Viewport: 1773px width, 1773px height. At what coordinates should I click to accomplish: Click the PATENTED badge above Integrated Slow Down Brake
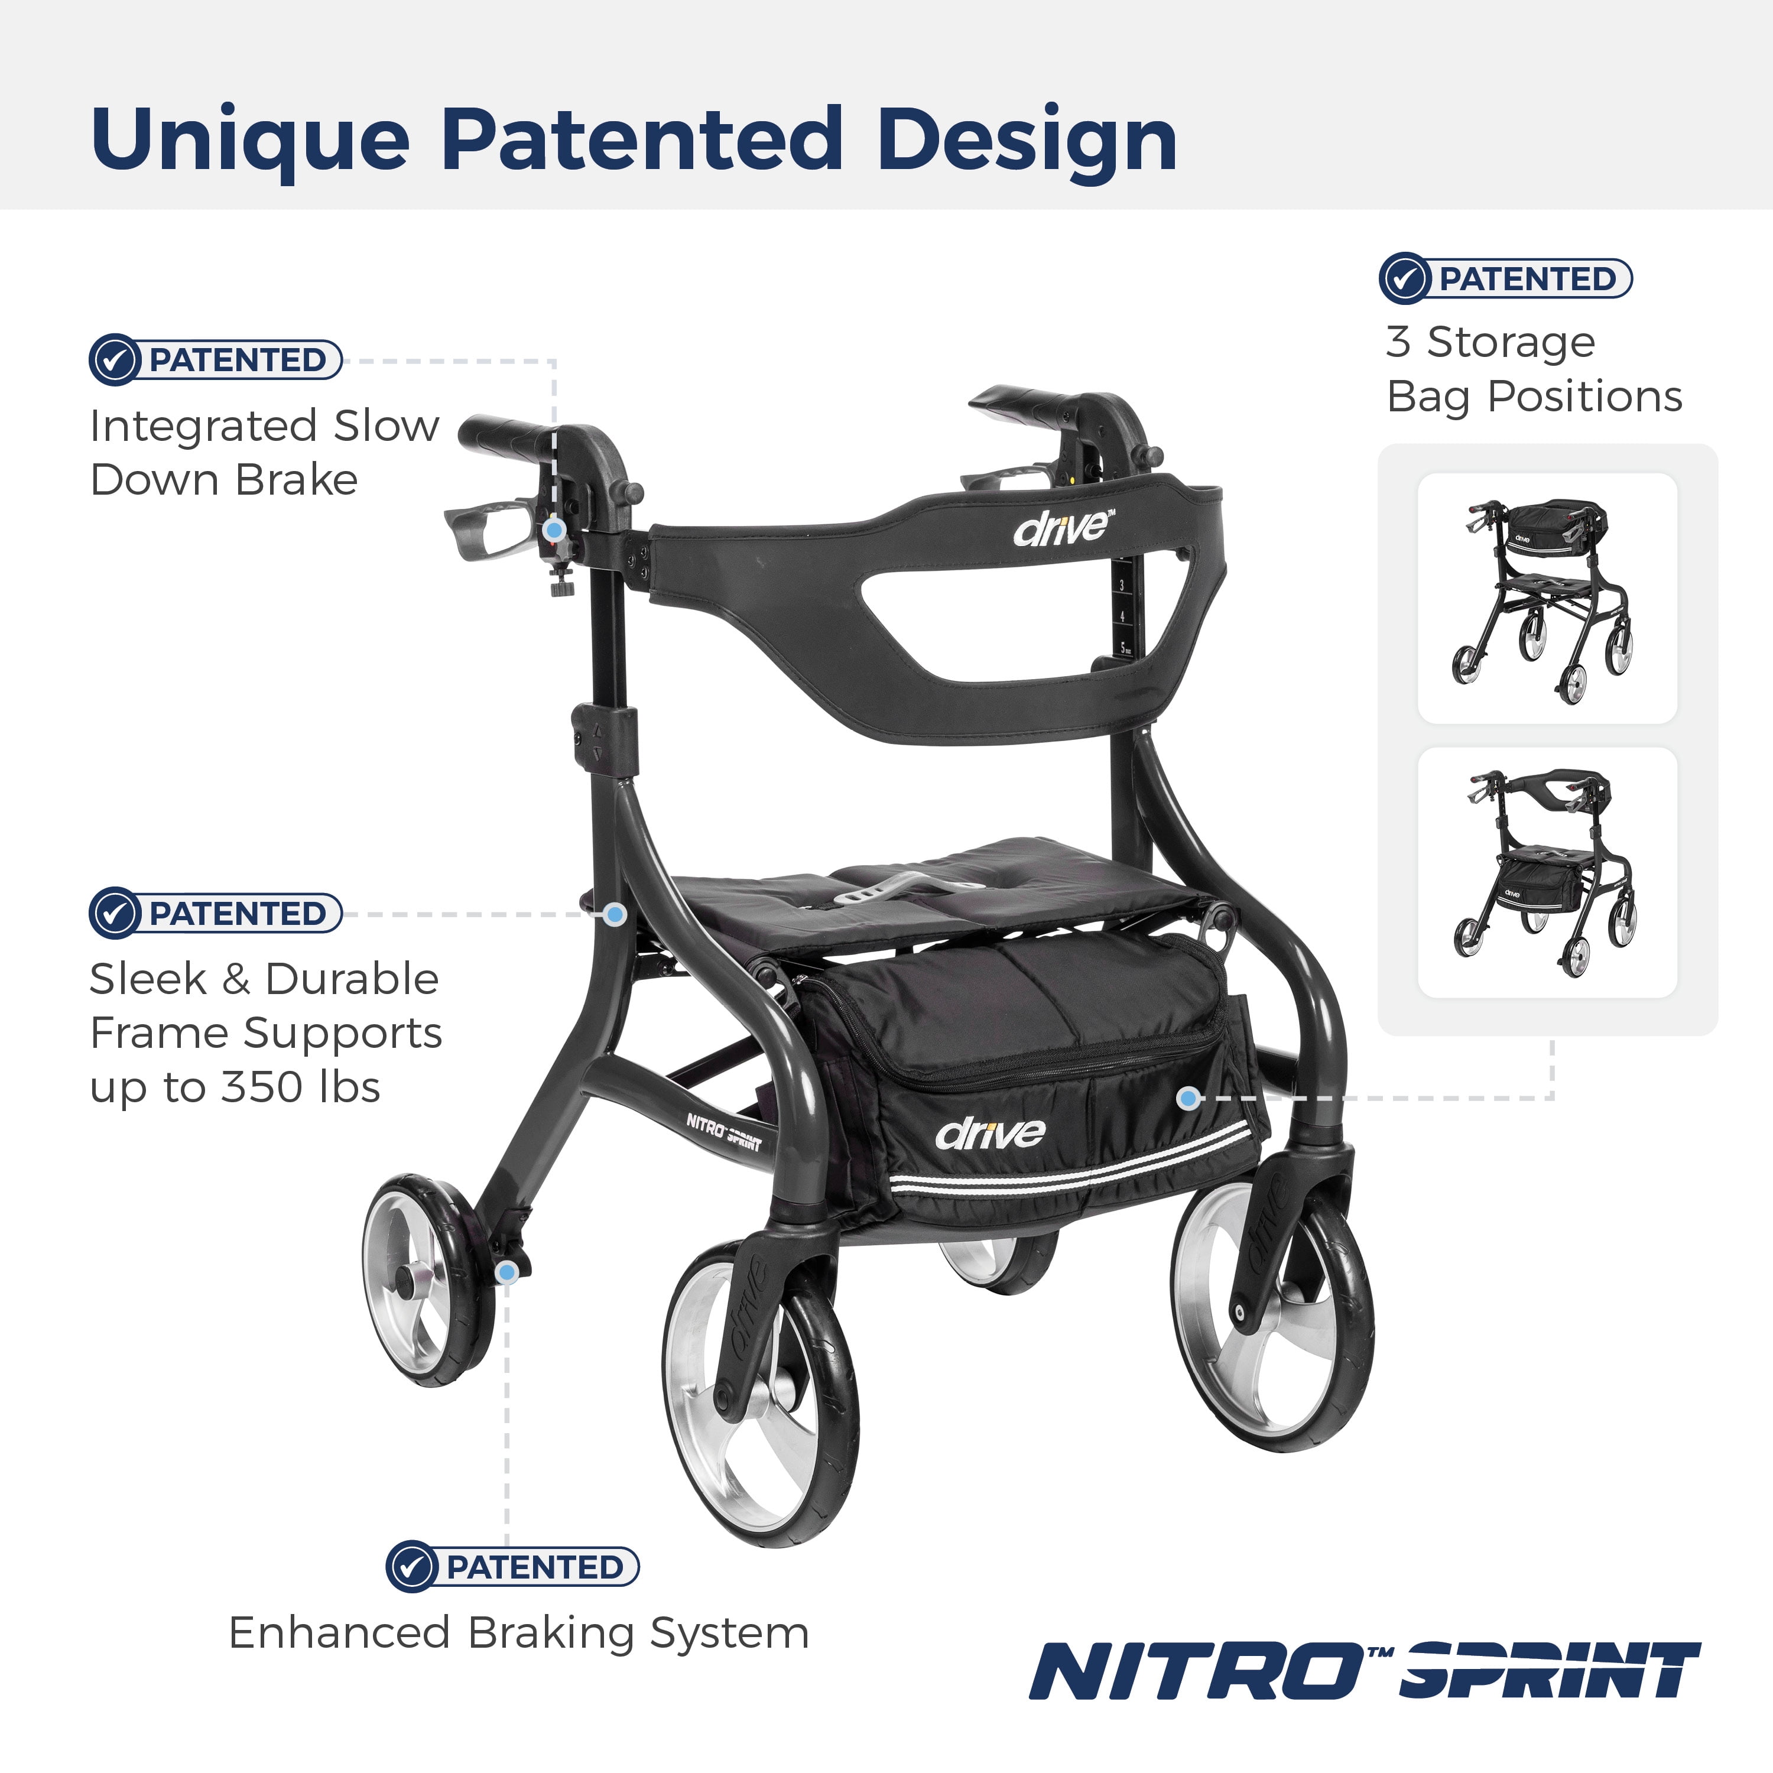(x=216, y=360)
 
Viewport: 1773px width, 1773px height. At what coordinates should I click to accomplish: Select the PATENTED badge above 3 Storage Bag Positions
(x=1506, y=278)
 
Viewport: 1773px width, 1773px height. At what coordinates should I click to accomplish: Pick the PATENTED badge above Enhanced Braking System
(x=512, y=1567)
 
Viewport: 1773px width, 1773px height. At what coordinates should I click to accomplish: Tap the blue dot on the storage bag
(x=1189, y=1097)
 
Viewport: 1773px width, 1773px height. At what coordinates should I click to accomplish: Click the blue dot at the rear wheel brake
(x=506, y=1273)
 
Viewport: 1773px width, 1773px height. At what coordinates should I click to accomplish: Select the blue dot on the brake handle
(x=554, y=530)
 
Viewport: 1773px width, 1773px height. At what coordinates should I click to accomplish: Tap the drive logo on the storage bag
(x=990, y=1134)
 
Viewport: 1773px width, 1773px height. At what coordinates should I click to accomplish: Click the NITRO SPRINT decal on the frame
(x=724, y=1132)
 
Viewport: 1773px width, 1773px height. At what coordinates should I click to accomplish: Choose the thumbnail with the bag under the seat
(x=1547, y=873)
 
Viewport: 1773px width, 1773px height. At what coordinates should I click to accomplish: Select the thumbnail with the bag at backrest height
(x=1547, y=598)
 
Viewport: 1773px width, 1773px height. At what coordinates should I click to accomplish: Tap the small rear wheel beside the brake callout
(x=428, y=1280)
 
